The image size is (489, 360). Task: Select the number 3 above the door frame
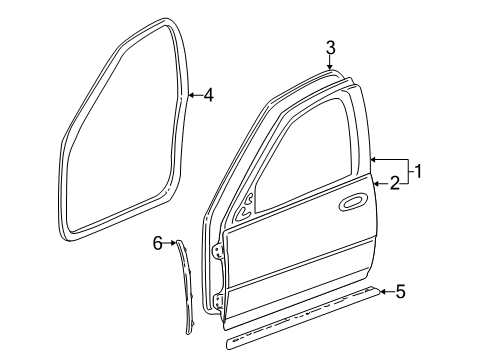pos(330,47)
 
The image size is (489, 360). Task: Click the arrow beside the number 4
pos(194,96)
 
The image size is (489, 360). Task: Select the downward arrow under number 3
pos(330,63)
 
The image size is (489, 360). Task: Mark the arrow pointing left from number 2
pos(381,183)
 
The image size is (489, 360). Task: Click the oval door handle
pos(353,204)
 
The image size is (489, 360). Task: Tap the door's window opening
pos(300,160)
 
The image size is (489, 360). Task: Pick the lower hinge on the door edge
pos(219,298)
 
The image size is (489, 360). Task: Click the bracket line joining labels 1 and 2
pos(407,172)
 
